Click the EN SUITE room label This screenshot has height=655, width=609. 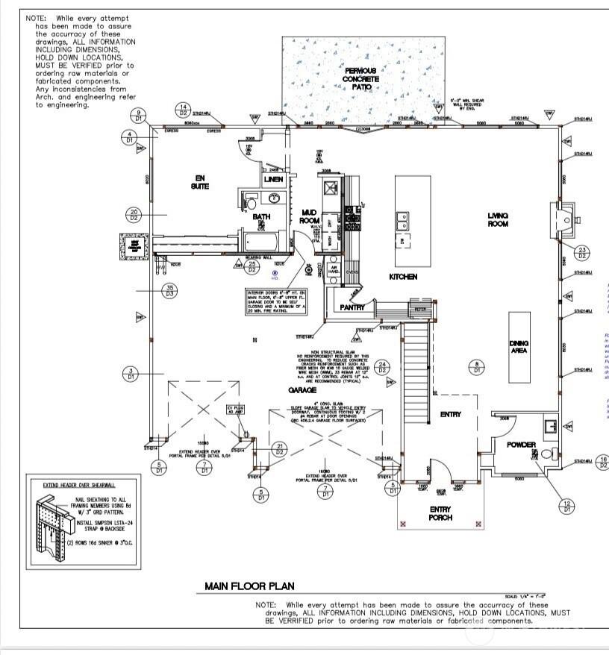point(199,181)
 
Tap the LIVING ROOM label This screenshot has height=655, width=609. point(498,219)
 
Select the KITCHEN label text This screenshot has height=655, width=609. point(403,277)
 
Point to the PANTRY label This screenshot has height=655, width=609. point(352,307)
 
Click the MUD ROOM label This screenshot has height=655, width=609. point(309,217)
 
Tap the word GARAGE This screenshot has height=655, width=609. point(304,389)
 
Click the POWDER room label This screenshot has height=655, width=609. point(521,445)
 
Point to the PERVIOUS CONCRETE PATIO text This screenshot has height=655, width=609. point(360,78)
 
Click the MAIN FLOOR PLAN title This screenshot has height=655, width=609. point(249,586)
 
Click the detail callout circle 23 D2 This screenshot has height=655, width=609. point(582,252)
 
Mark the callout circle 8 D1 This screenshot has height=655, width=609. point(476,367)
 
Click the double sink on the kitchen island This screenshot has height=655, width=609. point(402,221)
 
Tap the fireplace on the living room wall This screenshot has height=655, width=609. point(566,216)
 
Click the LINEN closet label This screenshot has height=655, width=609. point(273,180)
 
